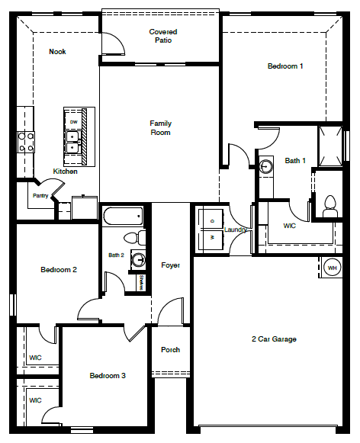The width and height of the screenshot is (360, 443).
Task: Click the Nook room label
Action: pos(57,52)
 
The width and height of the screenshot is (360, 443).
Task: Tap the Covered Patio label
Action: pos(162,36)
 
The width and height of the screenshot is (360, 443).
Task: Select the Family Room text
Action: pos(160,128)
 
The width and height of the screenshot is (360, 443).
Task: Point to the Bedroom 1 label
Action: pos(285,66)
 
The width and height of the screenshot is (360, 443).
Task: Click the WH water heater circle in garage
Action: pos(333,268)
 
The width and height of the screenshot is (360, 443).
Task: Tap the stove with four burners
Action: pos(26,142)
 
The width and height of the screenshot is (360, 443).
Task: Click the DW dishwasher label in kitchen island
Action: pos(74,122)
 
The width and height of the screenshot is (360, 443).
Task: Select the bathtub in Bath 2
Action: pos(122,217)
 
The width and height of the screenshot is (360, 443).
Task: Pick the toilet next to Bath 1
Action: pos(330,204)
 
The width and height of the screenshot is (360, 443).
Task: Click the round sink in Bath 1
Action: pos(267,166)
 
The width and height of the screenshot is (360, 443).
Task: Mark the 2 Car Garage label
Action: pos(274,339)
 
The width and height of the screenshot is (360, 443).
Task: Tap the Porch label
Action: pos(170,350)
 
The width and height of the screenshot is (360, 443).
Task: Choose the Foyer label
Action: pos(171,265)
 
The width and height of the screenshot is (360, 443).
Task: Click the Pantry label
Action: pos(40,196)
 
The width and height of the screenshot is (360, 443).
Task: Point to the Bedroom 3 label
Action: pos(108,376)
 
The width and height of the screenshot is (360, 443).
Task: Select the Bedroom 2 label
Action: pos(59,270)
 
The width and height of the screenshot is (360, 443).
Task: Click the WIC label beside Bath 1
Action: pos(290,226)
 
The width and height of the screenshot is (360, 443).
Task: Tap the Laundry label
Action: pos(233,230)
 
